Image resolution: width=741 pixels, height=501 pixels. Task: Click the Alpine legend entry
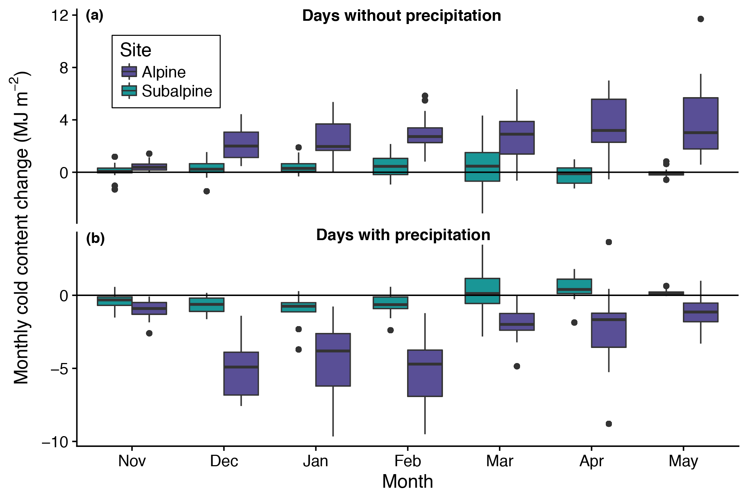point(164,72)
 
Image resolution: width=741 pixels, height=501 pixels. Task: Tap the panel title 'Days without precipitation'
point(401,16)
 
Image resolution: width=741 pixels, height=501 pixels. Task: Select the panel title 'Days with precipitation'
point(403,235)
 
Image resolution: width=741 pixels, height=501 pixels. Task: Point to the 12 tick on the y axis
point(60,16)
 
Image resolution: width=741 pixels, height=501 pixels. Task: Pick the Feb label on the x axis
point(407,461)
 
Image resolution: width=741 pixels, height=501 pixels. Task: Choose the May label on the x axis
point(683,461)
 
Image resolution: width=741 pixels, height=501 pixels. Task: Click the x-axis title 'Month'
point(407,481)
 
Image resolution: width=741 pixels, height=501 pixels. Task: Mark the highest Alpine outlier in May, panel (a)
point(700,19)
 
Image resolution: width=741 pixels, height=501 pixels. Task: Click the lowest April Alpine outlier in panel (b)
point(609,424)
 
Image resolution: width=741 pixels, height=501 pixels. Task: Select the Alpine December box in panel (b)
point(241,373)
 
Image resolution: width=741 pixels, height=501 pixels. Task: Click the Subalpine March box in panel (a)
point(482,167)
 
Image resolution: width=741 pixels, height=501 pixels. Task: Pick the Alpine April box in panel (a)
point(609,121)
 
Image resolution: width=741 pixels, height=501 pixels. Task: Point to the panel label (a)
point(94,15)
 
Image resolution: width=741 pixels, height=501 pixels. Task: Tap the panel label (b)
point(95,238)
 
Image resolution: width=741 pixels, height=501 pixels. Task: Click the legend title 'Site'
point(136,50)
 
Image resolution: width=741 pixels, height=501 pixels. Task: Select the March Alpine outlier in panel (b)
point(517,366)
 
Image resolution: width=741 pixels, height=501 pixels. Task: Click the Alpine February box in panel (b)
point(425,373)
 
